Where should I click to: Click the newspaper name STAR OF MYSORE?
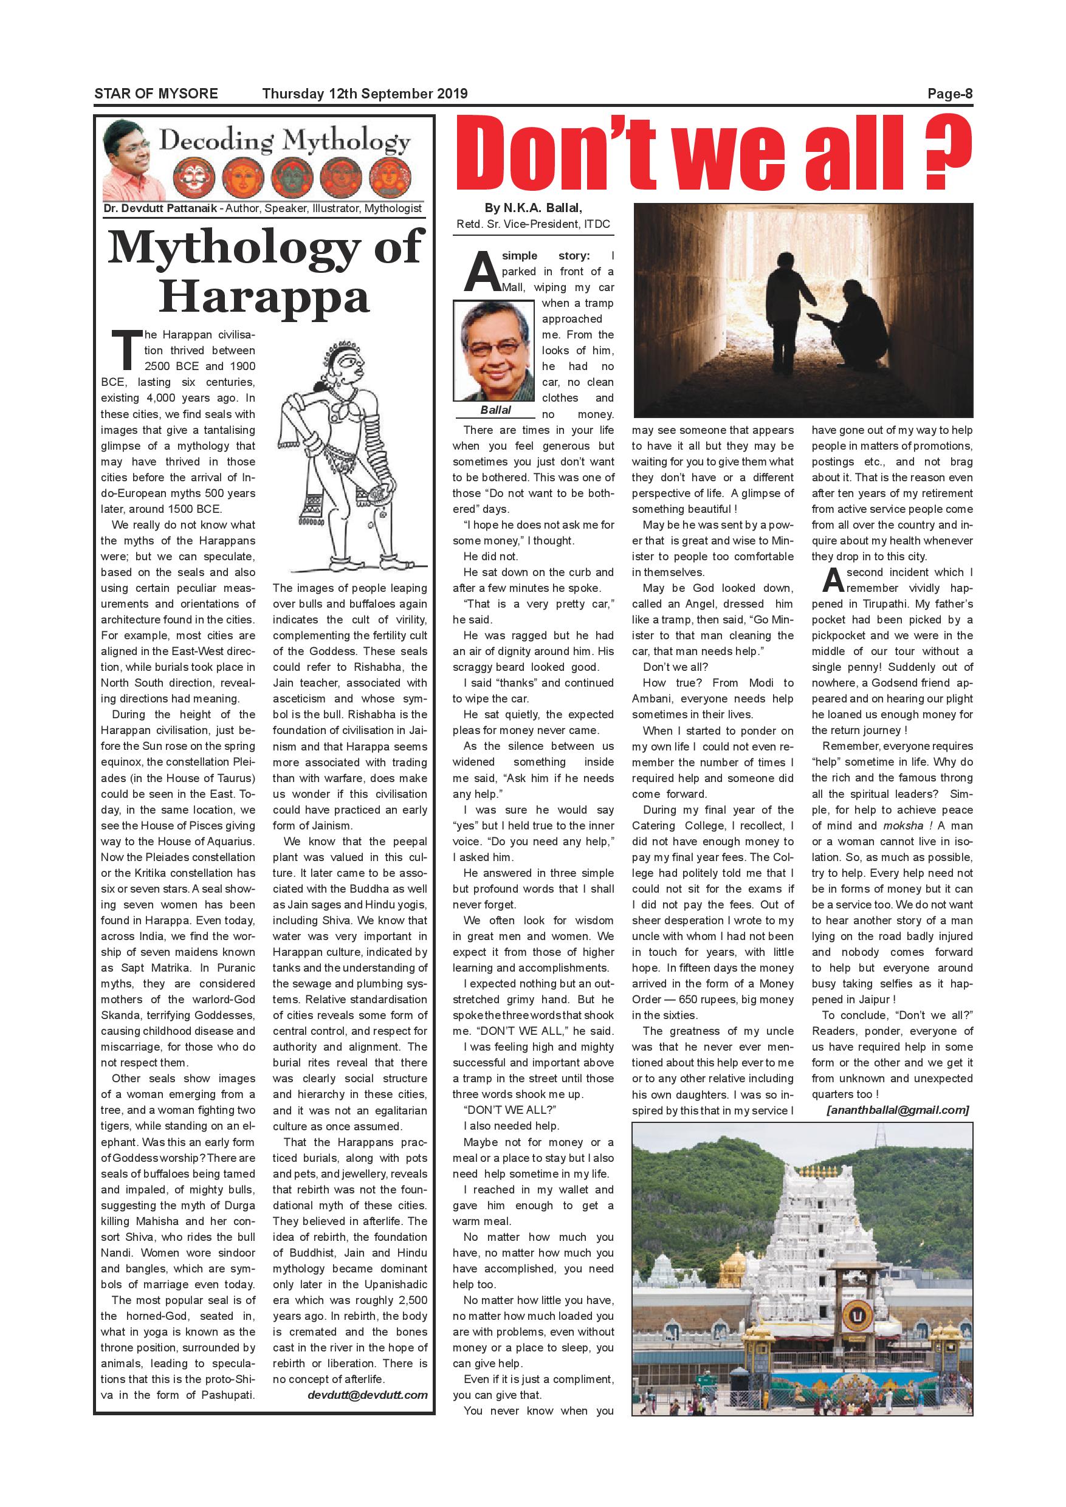(x=156, y=93)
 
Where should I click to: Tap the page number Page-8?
(x=949, y=93)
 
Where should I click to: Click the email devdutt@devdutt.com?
(x=367, y=1395)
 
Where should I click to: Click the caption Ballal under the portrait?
(x=495, y=410)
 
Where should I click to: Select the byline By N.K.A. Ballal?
(x=533, y=208)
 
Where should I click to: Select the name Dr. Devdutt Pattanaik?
(x=159, y=208)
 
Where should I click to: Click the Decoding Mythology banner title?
(x=285, y=141)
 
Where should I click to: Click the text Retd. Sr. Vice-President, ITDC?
(x=533, y=224)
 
